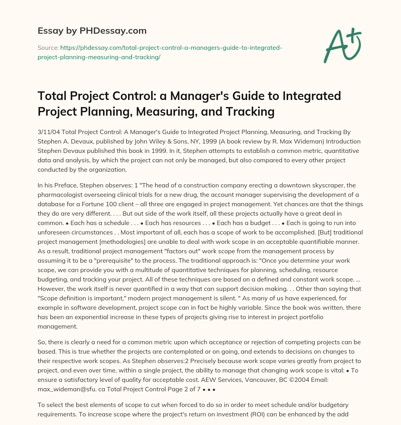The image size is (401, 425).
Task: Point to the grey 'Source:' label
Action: pos(48,48)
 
